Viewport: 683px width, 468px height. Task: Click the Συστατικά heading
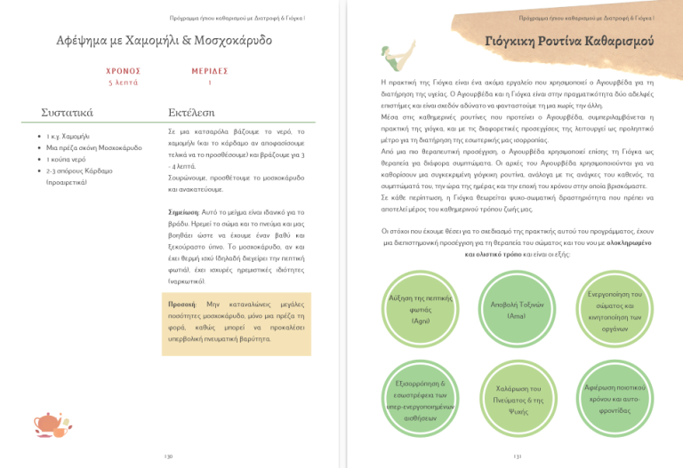(68, 113)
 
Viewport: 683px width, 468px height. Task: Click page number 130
(168, 456)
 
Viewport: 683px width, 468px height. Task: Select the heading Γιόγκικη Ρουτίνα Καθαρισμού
(569, 42)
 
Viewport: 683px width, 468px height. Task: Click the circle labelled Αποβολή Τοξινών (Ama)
(517, 310)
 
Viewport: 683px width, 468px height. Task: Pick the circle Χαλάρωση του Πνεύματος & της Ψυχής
(517, 401)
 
